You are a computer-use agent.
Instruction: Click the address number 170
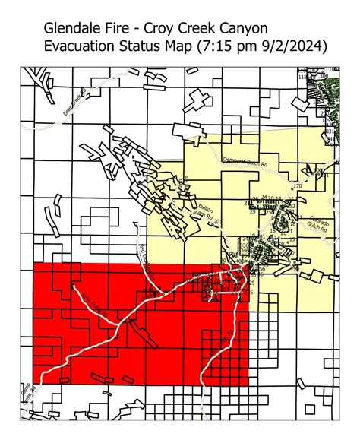coord(297,186)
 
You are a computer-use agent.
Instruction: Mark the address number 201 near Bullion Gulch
coord(218,222)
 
